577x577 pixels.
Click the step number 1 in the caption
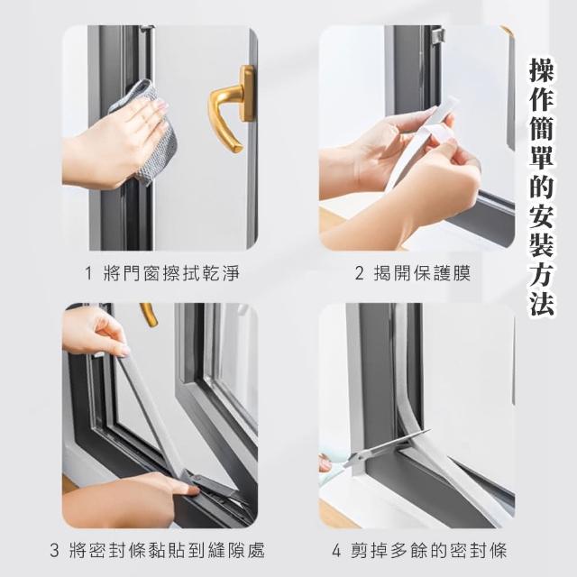(88, 273)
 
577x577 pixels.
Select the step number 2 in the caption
(359, 273)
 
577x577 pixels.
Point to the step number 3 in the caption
(54, 551)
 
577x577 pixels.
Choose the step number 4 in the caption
(336, 551)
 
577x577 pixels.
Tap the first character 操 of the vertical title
(541, 69)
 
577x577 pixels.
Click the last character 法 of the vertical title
(541, 303)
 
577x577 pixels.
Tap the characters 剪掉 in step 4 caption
(369, 551)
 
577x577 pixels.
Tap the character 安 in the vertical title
(541, 215)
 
